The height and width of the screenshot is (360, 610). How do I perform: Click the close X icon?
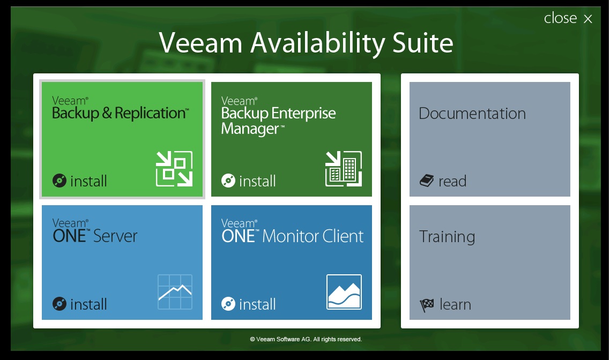pyautogui.click(x=588, y=19)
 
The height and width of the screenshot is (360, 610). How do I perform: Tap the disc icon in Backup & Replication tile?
pyautogui.click(x=59, y=181)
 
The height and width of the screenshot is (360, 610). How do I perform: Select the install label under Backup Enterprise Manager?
pyautogui.click(x=257, y=181)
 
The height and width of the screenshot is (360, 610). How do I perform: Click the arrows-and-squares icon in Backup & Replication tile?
pyautogui.click(x=174, y=169)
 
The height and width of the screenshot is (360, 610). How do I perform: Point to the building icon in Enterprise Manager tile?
pyautogui.click(x=344, y=169)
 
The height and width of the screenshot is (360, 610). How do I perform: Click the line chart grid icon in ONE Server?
pyautogui.click(x=175, y=292)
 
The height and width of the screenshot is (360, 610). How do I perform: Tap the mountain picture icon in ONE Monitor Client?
pyautogui.click(x=344, y=292)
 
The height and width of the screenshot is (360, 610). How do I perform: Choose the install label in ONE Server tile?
pyautogui.click(x=88, y=304)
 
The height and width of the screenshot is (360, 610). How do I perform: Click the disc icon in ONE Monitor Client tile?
pyautogui.click(x=228, y=304)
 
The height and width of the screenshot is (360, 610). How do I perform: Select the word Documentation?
pyautogui.click(x=472, y=114)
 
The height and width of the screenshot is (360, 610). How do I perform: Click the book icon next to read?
pyautogui.click(x=426, y=181)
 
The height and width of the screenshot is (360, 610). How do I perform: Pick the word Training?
pyautogui.click(x=447, y=237)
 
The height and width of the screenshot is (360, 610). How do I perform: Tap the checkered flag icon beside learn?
pyautogui.click(x=427, y=305)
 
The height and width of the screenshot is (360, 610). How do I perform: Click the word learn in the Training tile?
pyautogui.click(x=455, y=304)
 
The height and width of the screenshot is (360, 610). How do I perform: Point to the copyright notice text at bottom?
pyautogui.click(x=306, y=339)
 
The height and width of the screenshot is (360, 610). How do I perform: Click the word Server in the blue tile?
pyautogui.click(x=115, y=236)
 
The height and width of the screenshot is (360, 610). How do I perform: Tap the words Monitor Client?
pyautogui.click(x=313, y=236)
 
